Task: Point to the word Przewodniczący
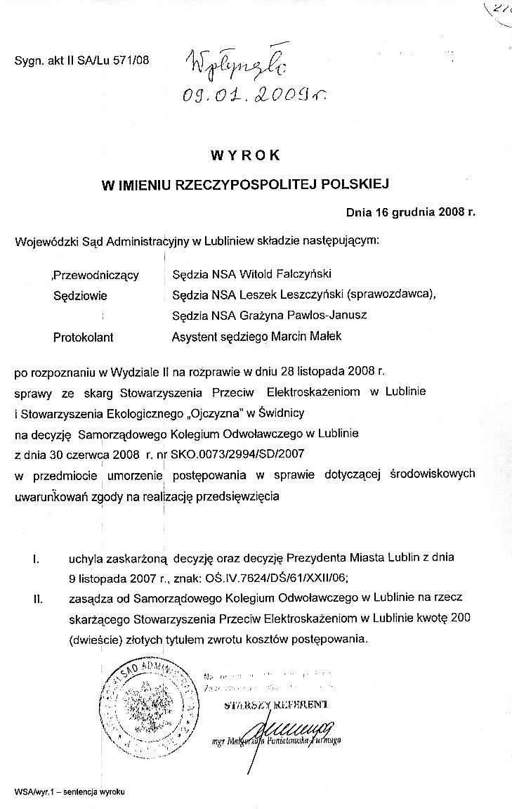point(97,275)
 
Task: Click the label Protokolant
point(84,337)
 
